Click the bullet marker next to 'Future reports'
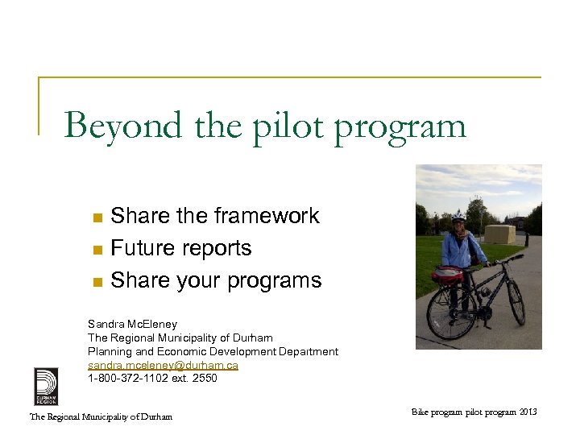97,250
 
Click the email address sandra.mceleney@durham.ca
163,365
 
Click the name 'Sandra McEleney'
132,324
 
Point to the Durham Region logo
45,386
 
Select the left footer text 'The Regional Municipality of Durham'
101,416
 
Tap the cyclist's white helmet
458,217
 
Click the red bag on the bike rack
447,275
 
